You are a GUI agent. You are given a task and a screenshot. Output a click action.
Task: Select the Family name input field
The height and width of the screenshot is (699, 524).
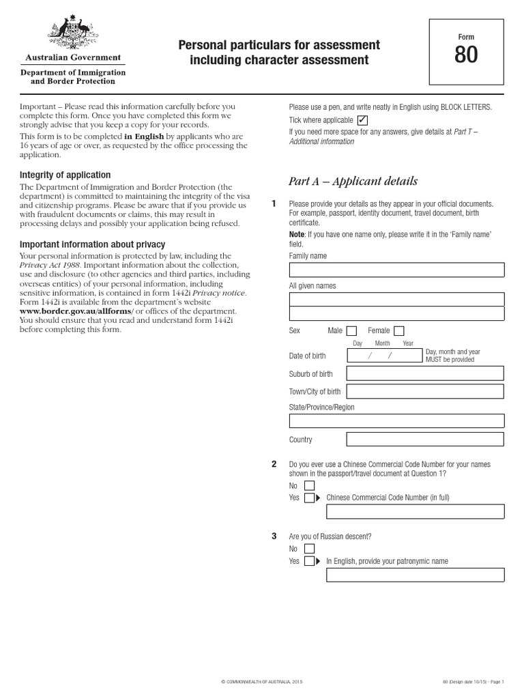click(396, 270)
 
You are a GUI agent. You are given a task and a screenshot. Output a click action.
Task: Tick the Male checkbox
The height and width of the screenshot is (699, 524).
click(351, 330)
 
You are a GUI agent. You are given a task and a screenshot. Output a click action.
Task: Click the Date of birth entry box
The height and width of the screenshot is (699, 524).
click(384, 356)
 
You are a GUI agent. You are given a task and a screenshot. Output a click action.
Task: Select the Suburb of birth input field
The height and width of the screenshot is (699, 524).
click(425, 373)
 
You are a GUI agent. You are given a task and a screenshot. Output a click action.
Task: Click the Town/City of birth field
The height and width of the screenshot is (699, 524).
click(425, 392)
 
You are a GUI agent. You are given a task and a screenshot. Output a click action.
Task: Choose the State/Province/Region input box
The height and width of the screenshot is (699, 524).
click(396, 420)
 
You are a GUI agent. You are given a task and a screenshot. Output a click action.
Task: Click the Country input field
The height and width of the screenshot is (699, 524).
click(425, 440)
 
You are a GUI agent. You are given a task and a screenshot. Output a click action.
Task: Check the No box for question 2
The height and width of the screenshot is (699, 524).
click(309, 486)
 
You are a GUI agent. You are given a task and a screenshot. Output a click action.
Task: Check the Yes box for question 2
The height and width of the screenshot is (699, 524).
click(309, 498)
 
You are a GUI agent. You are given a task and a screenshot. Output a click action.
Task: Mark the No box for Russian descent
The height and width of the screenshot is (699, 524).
click(309, 549)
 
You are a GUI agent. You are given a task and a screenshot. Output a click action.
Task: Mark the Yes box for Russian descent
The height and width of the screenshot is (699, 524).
click(309, 561)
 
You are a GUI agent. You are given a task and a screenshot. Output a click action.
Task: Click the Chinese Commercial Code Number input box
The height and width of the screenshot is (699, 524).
click(416, 511)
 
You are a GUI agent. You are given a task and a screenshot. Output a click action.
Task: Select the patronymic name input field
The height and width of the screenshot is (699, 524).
click(416, 575)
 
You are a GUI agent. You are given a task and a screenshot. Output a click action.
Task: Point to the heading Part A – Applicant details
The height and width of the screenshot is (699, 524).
click(353, 182)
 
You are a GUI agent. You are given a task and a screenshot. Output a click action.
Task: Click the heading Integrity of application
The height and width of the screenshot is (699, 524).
click(65, 175)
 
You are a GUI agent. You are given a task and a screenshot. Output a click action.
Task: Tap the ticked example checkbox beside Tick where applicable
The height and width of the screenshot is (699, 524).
click(362, 119)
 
